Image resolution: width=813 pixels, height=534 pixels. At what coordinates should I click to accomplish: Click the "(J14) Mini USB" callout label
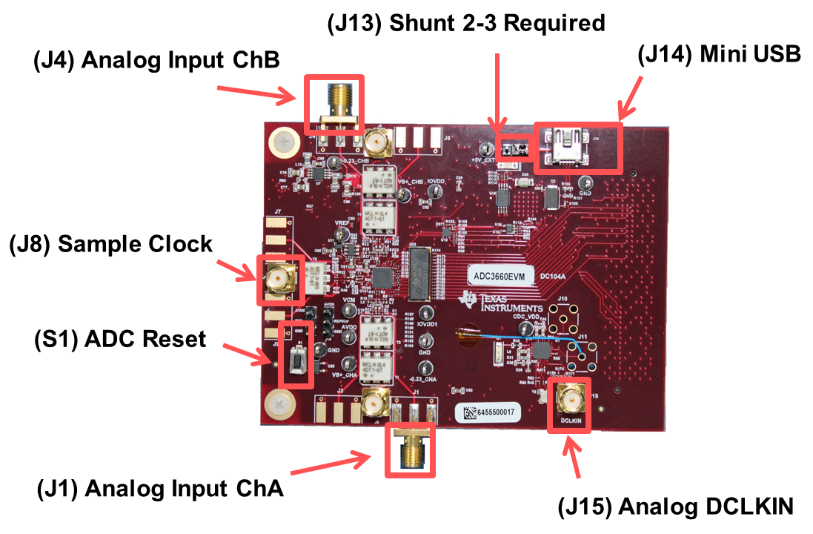pos(719,56)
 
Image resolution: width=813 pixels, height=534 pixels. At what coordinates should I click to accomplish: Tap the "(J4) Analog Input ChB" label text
pos(156,61)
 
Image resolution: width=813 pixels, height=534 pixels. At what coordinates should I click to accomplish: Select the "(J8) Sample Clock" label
pos(111,244)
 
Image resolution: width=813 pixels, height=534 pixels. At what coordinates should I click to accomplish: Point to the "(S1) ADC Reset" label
pos(120,339)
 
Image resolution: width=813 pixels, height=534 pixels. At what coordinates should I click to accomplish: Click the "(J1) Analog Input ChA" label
pos(160,489)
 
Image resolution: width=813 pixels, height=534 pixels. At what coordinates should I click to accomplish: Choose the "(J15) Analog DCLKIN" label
pos(675,507)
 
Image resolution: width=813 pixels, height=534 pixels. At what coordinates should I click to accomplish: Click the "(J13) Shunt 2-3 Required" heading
pos(466,23)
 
